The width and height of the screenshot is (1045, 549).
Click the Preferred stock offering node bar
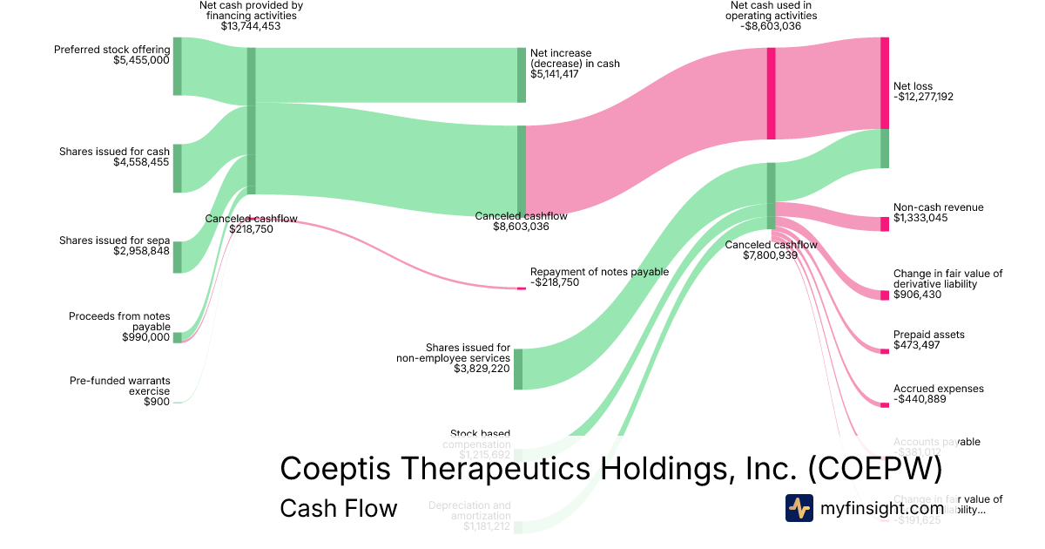tap(177, 66)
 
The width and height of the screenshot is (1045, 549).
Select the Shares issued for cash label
tap(114, 152)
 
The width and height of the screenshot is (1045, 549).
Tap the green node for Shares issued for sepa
tap(177, 257)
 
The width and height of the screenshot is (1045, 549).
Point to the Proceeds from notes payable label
tap(119, 322)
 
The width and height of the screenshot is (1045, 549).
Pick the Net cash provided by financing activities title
tap(251, 10)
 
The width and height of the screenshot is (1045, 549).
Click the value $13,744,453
tap(251, 27)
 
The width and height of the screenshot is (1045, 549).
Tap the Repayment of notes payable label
tap(599, 272)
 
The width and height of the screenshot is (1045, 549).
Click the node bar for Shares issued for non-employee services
tap(518, 369)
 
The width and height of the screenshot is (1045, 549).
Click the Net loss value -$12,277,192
tap(923, 97)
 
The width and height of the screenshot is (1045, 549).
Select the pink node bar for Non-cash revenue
tap(885, 224)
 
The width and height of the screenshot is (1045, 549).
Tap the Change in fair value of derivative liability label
tap(947, 279)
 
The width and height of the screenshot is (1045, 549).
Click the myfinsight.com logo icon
tap(799, 508)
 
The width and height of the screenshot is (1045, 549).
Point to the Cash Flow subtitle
tap(338, 508)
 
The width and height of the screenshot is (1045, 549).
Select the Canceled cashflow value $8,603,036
tap(521, 227)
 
